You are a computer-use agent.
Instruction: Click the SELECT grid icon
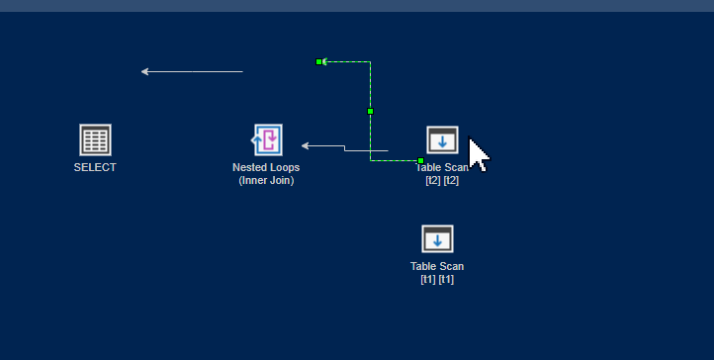point(95,139)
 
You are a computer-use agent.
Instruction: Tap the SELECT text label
point(95,167)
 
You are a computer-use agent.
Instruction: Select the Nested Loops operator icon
point(267,139)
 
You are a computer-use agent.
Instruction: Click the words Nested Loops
point(266,167)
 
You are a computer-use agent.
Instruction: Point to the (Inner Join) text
point(266,180)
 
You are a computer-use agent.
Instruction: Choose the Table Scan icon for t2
point(442,140)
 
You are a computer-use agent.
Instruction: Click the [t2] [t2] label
point(441,180)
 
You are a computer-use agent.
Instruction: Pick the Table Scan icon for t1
point(437,239)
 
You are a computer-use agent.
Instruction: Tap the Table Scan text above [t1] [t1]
point(437,266)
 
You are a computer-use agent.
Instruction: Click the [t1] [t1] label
point(437,279)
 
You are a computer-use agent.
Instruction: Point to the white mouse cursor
point(477,154)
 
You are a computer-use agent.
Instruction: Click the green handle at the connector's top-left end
point(319,61)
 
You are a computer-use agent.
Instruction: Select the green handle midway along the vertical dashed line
point(370,111)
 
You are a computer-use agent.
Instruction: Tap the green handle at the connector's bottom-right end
point(420,160)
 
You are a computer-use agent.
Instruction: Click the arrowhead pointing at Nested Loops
point(306,145)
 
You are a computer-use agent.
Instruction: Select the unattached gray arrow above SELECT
point(193,71)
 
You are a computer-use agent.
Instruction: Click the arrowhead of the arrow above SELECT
point(145,71)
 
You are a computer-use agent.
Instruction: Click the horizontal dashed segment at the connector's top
point(346,61)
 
